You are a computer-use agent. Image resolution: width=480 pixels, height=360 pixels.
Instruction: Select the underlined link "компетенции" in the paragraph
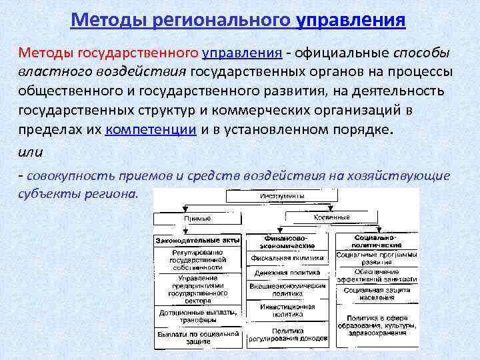(150, 129)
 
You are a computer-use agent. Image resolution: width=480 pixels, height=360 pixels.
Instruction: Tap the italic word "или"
(30, 152)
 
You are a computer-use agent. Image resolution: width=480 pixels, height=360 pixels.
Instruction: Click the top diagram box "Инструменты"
(283, 196)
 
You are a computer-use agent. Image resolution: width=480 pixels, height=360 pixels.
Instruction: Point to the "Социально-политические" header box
(376, 241)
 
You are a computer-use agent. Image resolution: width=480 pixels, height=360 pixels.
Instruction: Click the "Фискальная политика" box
(287, 258)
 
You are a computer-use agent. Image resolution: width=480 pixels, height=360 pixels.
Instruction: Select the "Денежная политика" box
(287, 273)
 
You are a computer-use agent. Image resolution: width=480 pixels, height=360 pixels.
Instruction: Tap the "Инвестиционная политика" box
(287, 310)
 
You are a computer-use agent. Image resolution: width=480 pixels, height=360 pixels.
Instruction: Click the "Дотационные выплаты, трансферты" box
(197, 315)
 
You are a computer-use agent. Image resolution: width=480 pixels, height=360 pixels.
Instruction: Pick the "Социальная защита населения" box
(377, 294)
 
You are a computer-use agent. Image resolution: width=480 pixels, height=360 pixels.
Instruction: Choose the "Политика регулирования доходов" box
(287, 335)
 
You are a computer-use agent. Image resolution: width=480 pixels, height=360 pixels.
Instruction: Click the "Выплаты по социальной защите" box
(197, 337)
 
